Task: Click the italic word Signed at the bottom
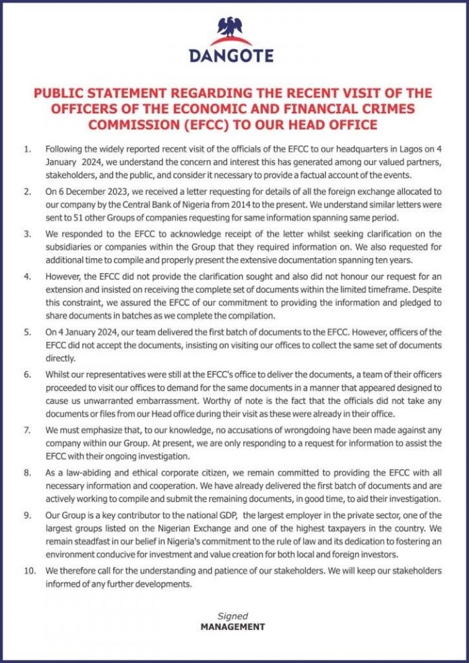point(232,616)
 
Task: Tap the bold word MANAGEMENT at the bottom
point(232,627)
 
